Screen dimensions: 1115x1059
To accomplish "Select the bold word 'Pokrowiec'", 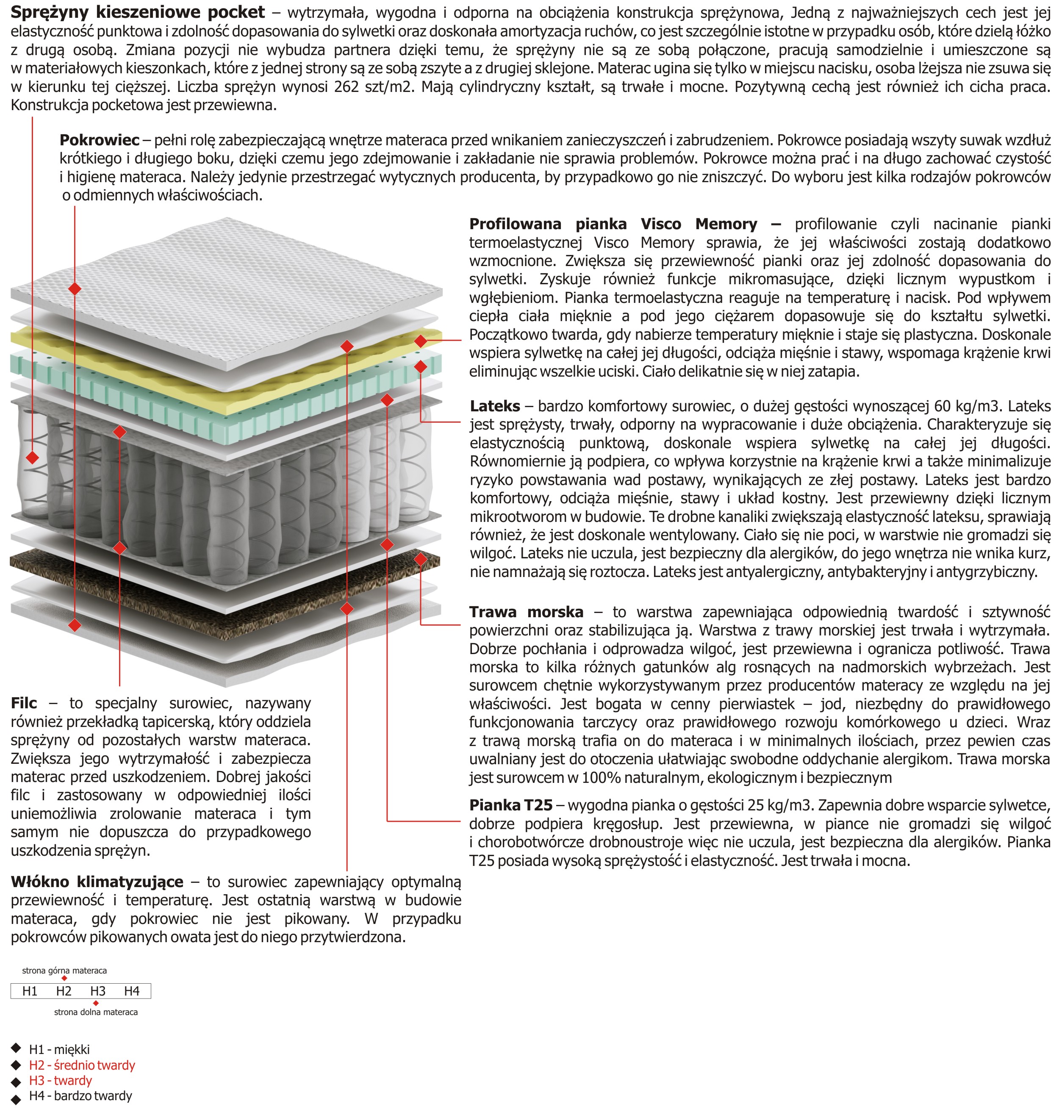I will (100, 140).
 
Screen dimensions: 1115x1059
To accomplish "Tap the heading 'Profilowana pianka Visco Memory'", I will (613, 224).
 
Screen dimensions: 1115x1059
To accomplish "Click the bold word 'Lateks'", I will (494, 406).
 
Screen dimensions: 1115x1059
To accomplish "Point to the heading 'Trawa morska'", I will (526, 612).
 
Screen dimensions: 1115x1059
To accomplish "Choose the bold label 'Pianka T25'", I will (510, 805).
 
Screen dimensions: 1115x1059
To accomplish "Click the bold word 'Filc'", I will (24, 703).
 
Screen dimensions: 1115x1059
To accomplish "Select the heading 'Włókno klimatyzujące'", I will (97, 882).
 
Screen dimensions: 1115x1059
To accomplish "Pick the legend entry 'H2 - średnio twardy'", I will (82, 1065).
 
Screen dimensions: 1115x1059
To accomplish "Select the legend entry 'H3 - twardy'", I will (61, 1081).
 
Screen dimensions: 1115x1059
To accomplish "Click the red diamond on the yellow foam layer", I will (421, 341).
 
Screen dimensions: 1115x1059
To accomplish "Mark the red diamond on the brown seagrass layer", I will (421, 560).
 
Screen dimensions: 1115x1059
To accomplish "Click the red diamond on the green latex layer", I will (421, 367).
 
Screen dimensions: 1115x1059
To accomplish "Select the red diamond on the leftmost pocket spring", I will (33, 457).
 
